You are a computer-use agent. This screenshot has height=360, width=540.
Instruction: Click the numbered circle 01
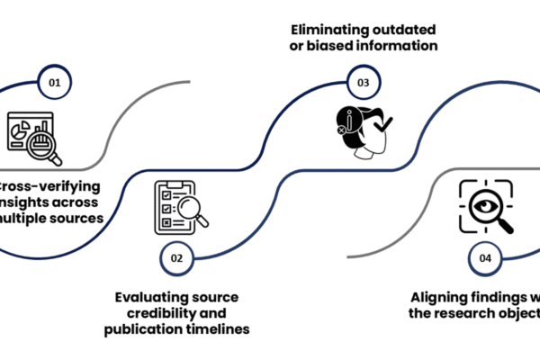point(55,83)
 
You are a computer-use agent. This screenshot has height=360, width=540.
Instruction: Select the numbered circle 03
point(364,83)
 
